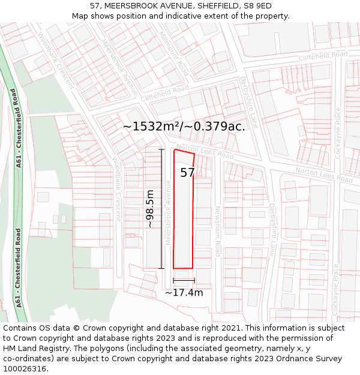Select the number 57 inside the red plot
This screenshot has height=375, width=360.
pos(187,173)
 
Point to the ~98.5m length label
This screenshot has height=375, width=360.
pos(150,209)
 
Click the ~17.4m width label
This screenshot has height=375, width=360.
pos(184,293)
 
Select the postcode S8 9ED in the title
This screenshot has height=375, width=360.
pos(257,6)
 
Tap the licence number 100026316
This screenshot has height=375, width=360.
pos(25,369)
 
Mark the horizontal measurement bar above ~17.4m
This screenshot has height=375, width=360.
pos(184,280)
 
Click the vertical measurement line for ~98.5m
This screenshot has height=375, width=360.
pos(161,209)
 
